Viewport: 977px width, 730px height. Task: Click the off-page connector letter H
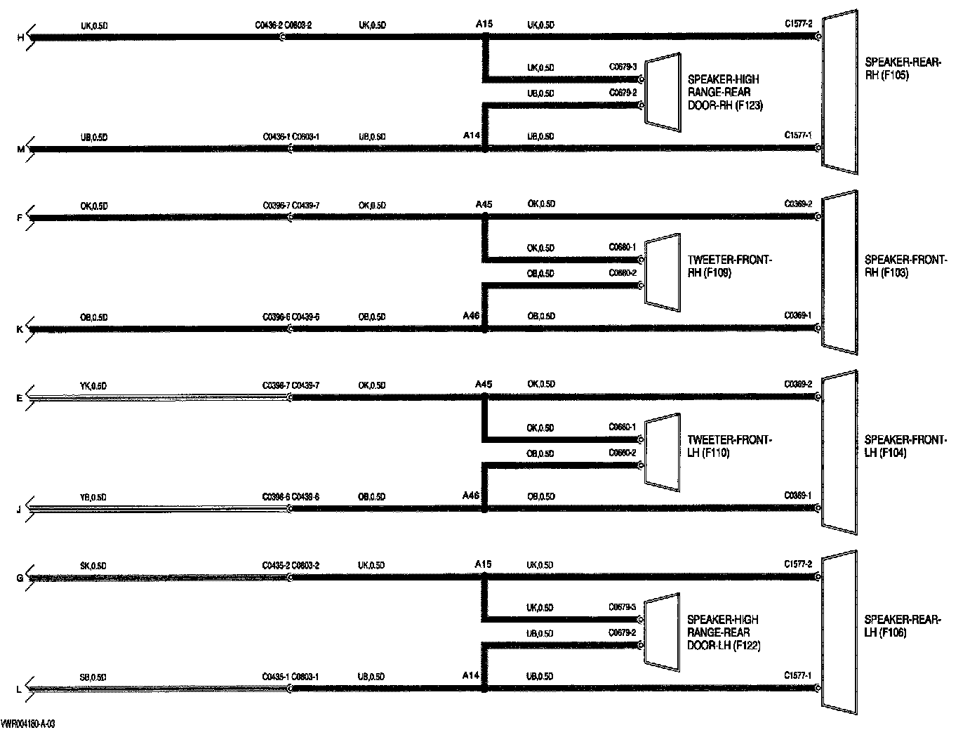click(20, 37)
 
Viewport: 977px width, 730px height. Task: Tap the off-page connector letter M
click(20, 150)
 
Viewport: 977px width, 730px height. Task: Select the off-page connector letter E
click(19, 398)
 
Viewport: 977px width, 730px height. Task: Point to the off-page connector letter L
click(19, 690)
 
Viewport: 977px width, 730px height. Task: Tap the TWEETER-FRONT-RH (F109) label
click(729, 267)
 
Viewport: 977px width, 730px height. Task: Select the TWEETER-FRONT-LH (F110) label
click(729, 446)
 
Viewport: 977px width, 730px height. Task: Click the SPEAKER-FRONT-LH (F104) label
click(905, 446)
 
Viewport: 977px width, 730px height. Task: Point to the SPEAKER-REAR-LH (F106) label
click(901, 626)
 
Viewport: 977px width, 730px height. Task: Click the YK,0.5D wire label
click(93, 386)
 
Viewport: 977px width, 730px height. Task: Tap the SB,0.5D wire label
click(93, 677)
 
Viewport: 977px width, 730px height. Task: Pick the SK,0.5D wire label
click(93, 566)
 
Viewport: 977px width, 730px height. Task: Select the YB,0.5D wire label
click(93, 498)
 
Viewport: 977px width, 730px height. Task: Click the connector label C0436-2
click(268, 26)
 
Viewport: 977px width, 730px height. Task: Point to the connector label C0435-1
click(276, 677)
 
